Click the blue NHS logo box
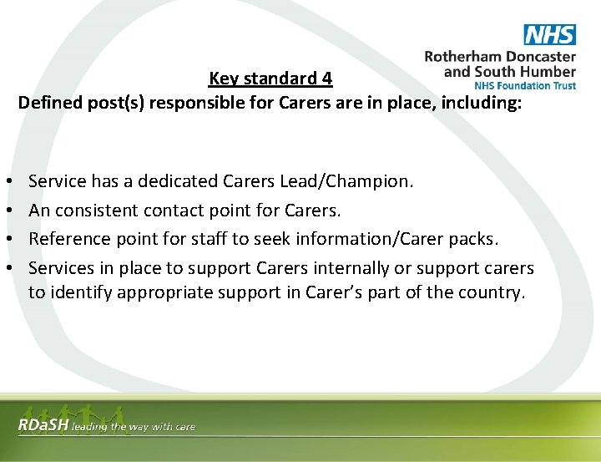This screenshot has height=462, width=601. click(549, 34)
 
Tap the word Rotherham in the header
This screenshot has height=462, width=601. click(464, 57)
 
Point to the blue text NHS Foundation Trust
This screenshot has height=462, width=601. click(524, 85)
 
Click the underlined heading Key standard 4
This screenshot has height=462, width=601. click(270, 79)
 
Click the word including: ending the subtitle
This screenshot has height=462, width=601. click(482, 103)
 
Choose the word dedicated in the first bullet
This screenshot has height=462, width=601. click(177, 180)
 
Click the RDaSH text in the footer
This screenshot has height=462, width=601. click(43, 426)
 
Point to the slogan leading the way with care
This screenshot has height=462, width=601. click(134, 427)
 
